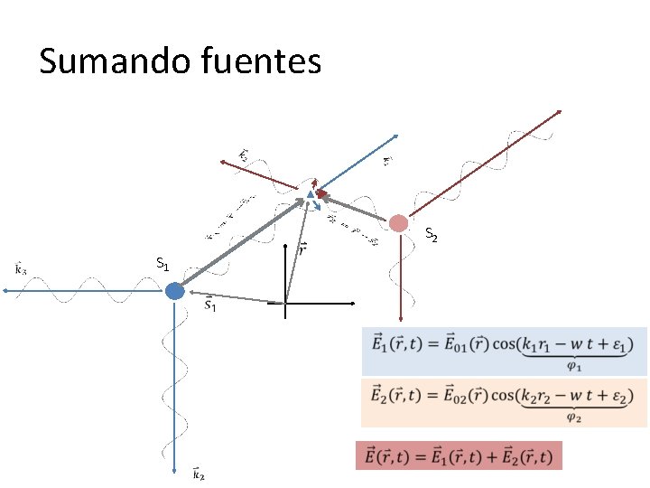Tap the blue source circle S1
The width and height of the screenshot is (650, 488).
175,290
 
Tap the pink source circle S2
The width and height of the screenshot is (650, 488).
398,222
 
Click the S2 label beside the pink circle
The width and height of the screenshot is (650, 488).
432,237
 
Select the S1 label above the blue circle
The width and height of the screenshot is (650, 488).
162,264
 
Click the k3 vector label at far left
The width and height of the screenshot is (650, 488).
21,267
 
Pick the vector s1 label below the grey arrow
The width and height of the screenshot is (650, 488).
209,306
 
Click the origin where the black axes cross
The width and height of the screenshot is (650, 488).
284,303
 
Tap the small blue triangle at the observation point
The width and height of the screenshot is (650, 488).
310,193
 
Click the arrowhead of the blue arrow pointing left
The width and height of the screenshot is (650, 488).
5,290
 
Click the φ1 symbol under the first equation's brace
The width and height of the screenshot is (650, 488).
574,365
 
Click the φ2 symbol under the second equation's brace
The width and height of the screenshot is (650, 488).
574,418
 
